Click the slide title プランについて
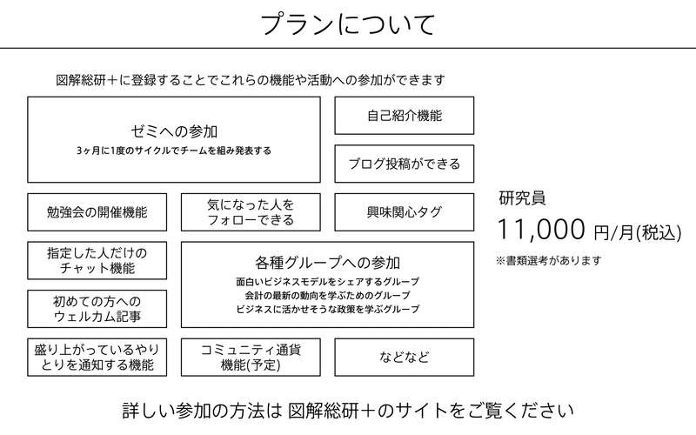347,24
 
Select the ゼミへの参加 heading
174,131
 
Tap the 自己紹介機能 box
405,116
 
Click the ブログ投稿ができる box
405,164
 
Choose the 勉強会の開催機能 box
97,212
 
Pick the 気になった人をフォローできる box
251,212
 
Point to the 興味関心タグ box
405,212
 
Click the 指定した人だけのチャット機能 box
97,260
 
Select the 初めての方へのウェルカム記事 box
97,309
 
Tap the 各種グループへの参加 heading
328,263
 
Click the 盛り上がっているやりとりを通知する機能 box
97,358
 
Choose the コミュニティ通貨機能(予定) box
251,358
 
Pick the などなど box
405,358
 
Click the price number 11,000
541,230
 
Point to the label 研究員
523,198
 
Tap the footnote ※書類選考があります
549,260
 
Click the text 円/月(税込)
638,232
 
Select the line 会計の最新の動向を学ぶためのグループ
328,295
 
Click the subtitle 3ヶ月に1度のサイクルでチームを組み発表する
174,151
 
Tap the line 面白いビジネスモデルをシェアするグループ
328,281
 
